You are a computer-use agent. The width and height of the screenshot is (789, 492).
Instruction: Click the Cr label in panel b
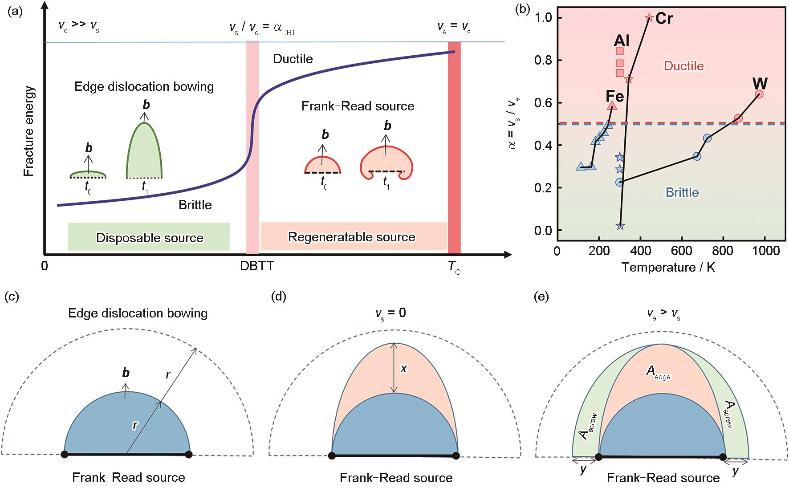(664, 18)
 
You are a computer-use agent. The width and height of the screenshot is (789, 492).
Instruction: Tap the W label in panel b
(760, 83)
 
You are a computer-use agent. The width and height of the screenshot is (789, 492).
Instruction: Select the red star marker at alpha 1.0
(649, 18)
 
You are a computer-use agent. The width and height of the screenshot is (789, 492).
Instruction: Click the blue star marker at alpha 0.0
(620, 226)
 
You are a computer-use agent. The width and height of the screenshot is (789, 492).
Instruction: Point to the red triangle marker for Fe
(612, 106)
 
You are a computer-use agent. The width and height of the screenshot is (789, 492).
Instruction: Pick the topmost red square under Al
(619, 52)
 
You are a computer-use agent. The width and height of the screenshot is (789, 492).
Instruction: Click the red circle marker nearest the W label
(759, 94)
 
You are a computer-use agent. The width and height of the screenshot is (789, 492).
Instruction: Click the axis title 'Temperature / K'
(668, 267)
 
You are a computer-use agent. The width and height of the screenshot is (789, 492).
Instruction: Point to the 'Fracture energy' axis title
(29, 132)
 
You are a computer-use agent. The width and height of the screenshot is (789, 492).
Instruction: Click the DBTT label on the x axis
(257, 266)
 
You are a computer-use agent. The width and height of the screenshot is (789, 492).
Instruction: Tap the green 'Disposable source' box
(149, 237)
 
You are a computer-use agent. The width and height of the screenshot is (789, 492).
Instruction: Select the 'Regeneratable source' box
(354, 236)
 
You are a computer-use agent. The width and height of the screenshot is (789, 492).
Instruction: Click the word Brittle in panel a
(195, 205)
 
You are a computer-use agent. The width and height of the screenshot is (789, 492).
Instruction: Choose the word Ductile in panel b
(684, 66)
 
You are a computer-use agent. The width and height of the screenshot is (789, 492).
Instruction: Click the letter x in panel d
(403, 368)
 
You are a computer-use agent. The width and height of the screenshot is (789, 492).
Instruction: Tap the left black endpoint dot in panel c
(65, 454)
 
